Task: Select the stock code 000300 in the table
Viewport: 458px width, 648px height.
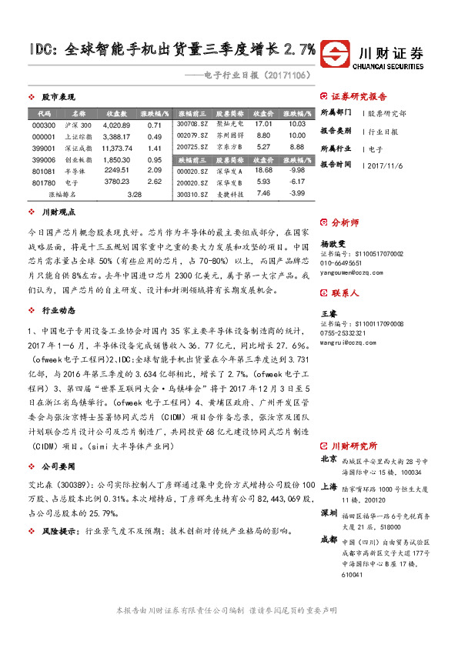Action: [x=44, y=125]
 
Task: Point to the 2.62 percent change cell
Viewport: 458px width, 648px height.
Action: [x=154, y=182]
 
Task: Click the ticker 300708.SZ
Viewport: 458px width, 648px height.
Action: [x=192, y=123]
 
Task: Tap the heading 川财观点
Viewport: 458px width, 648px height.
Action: [x=58, y=211]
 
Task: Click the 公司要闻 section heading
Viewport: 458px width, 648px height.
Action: [x=58, y=466]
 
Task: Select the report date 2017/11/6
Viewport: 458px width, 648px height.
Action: [x=388, y=165]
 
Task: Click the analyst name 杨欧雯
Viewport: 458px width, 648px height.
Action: [x=333, y=242]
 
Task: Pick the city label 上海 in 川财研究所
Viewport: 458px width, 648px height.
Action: [x=328, y=486]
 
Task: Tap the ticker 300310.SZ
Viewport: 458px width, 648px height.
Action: [x=192, y=194]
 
